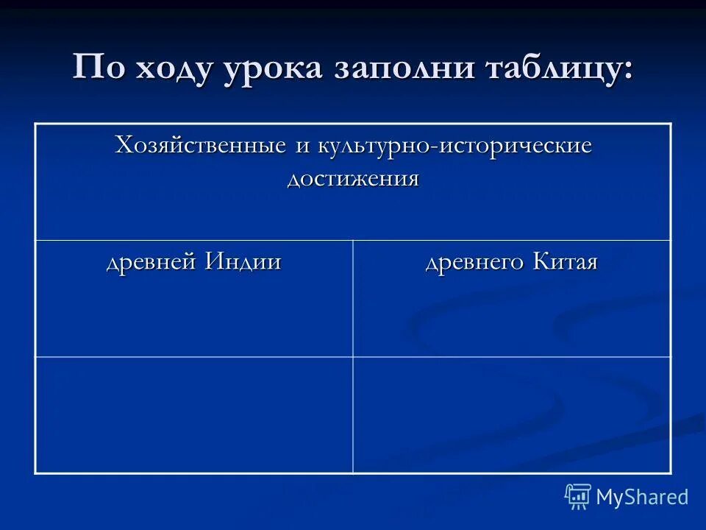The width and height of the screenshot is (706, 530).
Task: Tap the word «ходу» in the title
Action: click(174, 70)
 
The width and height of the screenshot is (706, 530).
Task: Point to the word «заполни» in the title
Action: click(407, 70)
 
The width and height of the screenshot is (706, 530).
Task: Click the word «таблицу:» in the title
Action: click(563, 70)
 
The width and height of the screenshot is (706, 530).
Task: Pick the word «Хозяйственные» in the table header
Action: click(201, 146)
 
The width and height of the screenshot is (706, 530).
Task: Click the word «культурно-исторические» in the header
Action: click(454, 146)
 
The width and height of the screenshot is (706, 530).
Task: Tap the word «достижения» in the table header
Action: click(353, 179)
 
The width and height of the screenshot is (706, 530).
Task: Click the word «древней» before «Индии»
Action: click(152, 263)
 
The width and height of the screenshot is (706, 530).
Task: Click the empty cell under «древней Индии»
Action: click(194, 414)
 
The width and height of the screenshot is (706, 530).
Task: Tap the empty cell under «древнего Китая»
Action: click(512, 414)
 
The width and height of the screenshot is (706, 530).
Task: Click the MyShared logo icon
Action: click(577, 496)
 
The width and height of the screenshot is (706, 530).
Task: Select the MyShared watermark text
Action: click(642, 497)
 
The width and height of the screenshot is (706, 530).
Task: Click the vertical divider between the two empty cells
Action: click(353, 414)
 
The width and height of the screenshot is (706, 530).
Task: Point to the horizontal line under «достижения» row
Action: click(353, 240)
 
